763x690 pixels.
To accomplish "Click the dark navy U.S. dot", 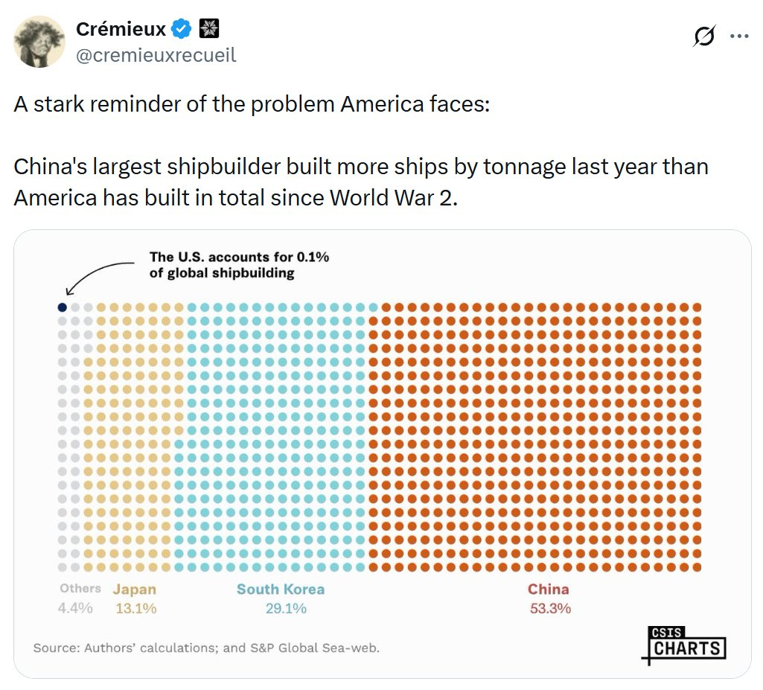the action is point(63,307).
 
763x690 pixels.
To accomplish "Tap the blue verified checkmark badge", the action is point(182,29).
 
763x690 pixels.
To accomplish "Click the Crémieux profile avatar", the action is point(39,42).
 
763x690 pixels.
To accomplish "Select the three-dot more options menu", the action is point(739,36).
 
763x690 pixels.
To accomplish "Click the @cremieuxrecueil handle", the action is point(156,55).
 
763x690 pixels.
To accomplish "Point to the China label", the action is point(549,589).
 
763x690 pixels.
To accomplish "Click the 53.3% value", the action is point(550,608).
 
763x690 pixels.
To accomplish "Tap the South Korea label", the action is point(281,589).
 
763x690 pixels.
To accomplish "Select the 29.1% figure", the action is point(286,608).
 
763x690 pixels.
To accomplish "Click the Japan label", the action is point(135,590).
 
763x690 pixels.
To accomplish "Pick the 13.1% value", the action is point(136,608).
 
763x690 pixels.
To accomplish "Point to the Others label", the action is point(80,588).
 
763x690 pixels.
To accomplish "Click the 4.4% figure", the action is point(75,608).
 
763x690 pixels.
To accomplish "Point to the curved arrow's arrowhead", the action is point(69,291).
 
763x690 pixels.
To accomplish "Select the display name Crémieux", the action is point(121,29).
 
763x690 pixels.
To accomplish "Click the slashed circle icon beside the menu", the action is point(704,36).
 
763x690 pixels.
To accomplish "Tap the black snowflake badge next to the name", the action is point(209,28).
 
